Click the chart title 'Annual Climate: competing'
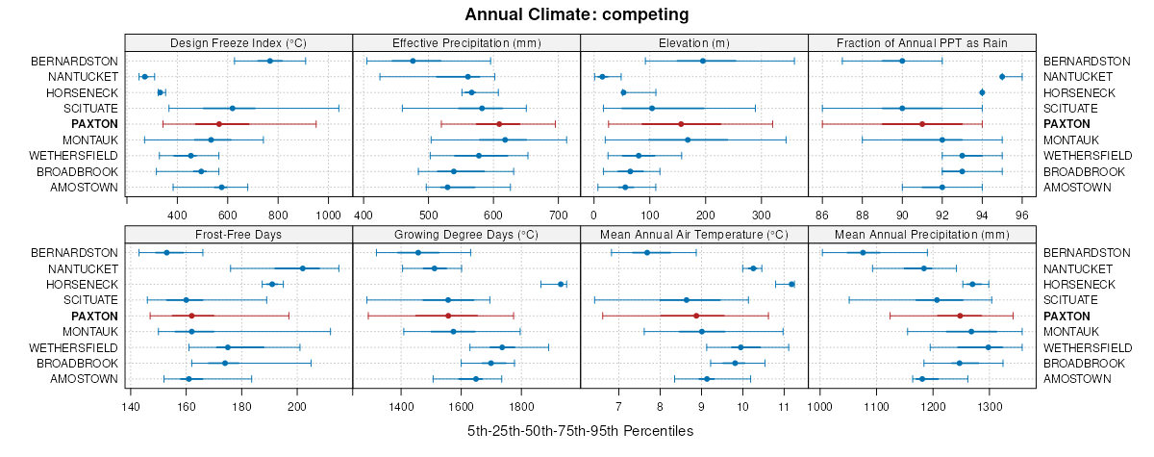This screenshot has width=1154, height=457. [577, 14]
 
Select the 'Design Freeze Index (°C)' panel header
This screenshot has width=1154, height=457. [238, 43]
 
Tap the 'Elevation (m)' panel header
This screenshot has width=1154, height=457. [694, 43]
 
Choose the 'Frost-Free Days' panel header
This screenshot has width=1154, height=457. [238, 234]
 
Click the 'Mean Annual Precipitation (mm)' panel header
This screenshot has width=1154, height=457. [922, 234]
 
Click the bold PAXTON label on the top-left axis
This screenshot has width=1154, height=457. [94, 124]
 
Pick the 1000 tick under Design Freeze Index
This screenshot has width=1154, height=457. [328, 216]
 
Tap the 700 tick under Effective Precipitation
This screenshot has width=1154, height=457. [559, 216]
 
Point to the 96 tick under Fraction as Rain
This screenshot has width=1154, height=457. [1022, 216]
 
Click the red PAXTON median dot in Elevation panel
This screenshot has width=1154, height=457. [681, 124]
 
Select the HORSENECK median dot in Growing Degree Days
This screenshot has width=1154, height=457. [561, 284]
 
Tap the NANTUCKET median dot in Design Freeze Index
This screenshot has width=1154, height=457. [144, 76]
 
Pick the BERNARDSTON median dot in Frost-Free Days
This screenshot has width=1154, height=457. [166, 252]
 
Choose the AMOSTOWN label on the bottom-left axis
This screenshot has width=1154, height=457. [85, 379]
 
